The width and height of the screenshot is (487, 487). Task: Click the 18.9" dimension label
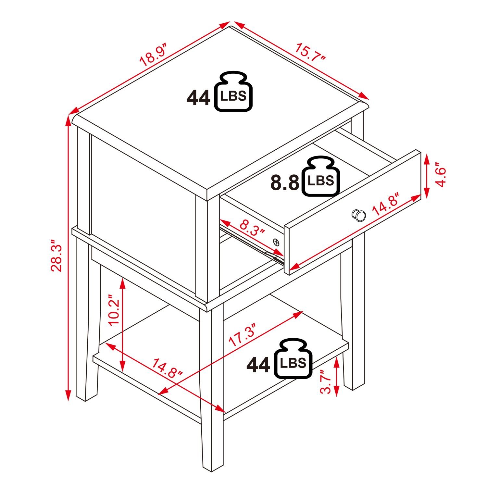tap(153, 57)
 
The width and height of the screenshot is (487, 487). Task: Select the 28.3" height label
tap(56, 256)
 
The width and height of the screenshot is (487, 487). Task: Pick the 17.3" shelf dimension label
tap(244, 335)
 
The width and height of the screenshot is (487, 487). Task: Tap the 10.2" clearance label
tap(115, 310)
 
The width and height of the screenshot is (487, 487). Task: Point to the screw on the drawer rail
tap(276, 242)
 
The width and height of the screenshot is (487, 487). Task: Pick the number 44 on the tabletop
tap(198, 98)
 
